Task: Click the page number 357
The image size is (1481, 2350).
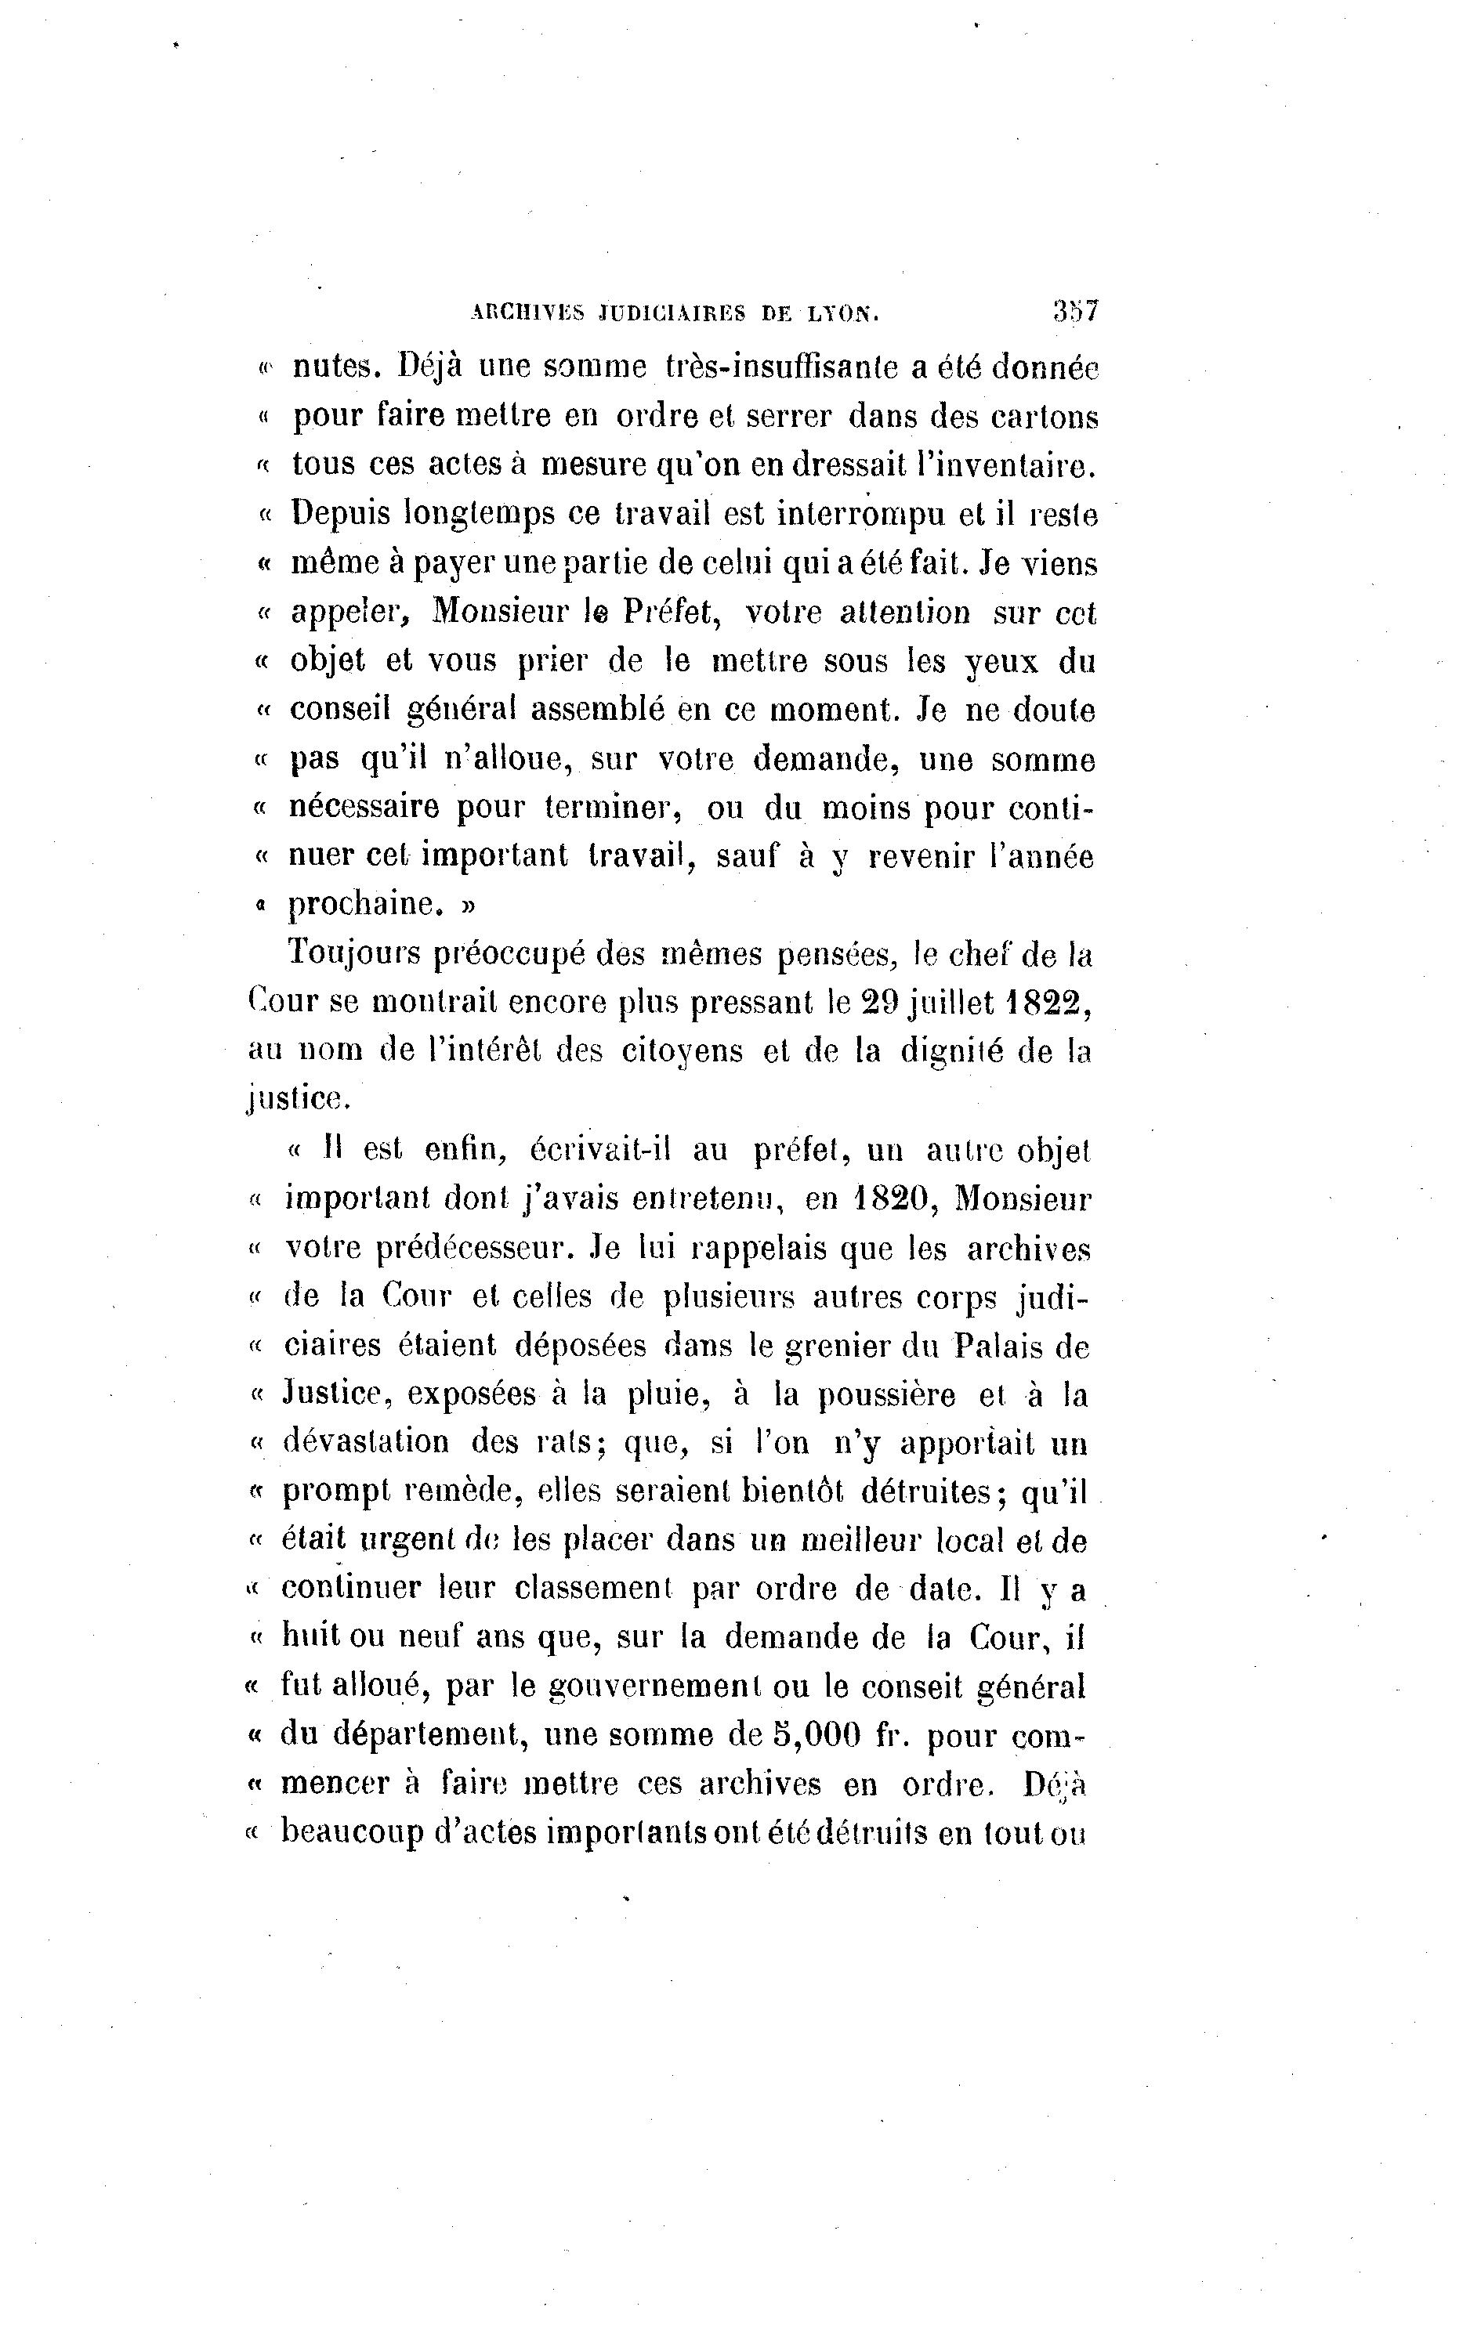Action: (x=1076, y=311)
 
